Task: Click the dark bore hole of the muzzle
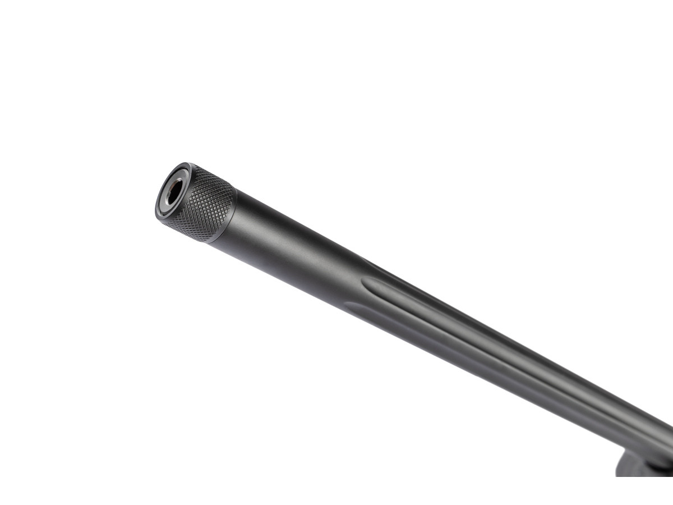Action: (x=174, y=192)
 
